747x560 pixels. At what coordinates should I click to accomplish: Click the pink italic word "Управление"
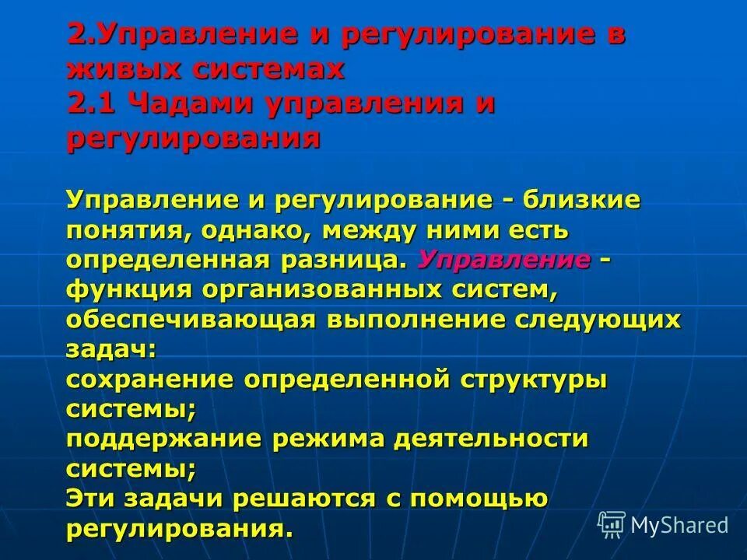(504, 259)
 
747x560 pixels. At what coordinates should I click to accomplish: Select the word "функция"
(128, 290)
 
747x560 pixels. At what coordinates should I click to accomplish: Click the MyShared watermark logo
(664, 526)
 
